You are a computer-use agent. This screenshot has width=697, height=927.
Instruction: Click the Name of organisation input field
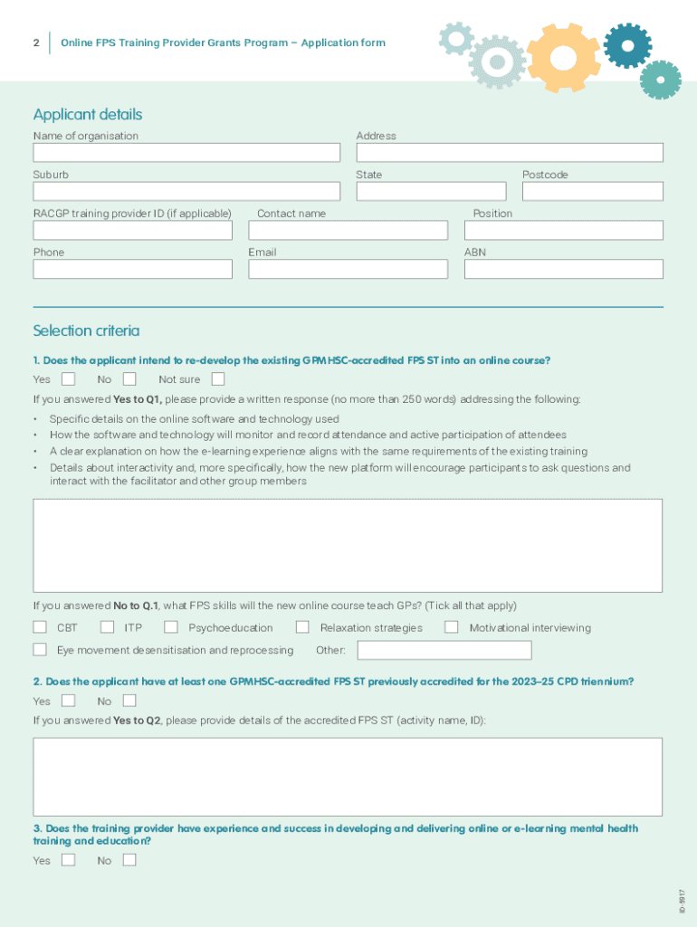tap(186, 153)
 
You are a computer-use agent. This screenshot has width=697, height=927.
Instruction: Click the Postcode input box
tap(592, 192)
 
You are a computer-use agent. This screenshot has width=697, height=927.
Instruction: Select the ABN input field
tap(563, 269)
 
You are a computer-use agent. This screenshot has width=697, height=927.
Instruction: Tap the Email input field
tap(348, 269)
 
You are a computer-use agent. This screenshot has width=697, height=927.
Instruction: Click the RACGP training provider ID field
tap(133, 231)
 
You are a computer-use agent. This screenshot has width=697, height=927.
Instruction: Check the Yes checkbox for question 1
tap(68, 379)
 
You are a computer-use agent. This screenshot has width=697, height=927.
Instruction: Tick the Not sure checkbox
tap(218, 379)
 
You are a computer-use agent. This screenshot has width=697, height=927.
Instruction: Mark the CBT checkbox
tap(40, 626)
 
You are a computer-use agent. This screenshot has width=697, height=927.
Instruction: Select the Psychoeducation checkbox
tap(171, 626)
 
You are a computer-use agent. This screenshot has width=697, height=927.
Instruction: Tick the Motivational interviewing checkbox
tap(452, 626)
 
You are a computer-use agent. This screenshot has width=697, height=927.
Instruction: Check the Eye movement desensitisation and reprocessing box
tap(40, 649)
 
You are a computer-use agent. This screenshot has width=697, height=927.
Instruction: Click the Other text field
tap(444, 650)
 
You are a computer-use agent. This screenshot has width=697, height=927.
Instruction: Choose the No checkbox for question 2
tap(129, 701)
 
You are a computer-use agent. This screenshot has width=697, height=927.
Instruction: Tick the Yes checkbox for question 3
tap(68, 860)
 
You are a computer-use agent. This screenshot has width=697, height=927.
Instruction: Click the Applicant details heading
tap(88, 114)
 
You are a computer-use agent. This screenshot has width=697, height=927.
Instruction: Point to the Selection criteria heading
tap(86, 330)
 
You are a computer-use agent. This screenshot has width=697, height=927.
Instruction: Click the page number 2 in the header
tap(35, 43)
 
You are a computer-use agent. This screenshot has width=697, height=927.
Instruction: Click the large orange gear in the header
tap(563, 56)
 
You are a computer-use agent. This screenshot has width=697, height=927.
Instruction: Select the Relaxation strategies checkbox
tap(302, 626)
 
